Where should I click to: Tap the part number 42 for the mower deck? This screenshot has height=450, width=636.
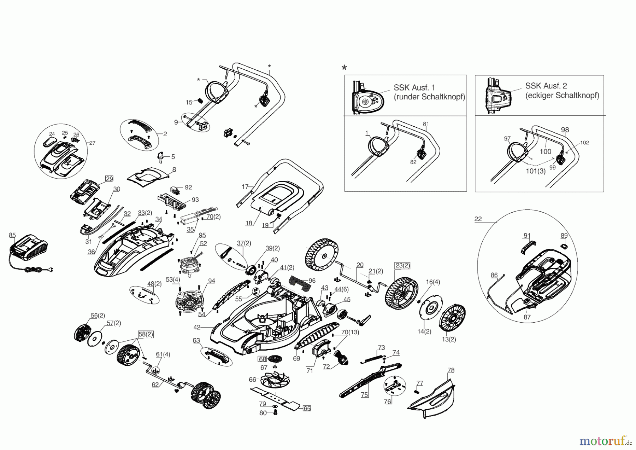click(197, 328)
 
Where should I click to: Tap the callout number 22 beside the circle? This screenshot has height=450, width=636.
click(478, 219)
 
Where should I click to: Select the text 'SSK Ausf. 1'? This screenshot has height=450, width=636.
click(414, 87)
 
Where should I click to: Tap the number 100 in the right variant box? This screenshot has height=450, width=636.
click(545, 151)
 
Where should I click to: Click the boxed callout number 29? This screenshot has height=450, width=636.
click(109, 179)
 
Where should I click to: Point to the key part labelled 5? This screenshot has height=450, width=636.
click(161, 155)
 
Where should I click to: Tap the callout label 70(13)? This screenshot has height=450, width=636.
click(350, 332)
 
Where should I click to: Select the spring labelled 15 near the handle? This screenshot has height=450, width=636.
click(200, 100)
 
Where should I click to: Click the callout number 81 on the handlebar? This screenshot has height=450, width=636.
click(426, 124)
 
